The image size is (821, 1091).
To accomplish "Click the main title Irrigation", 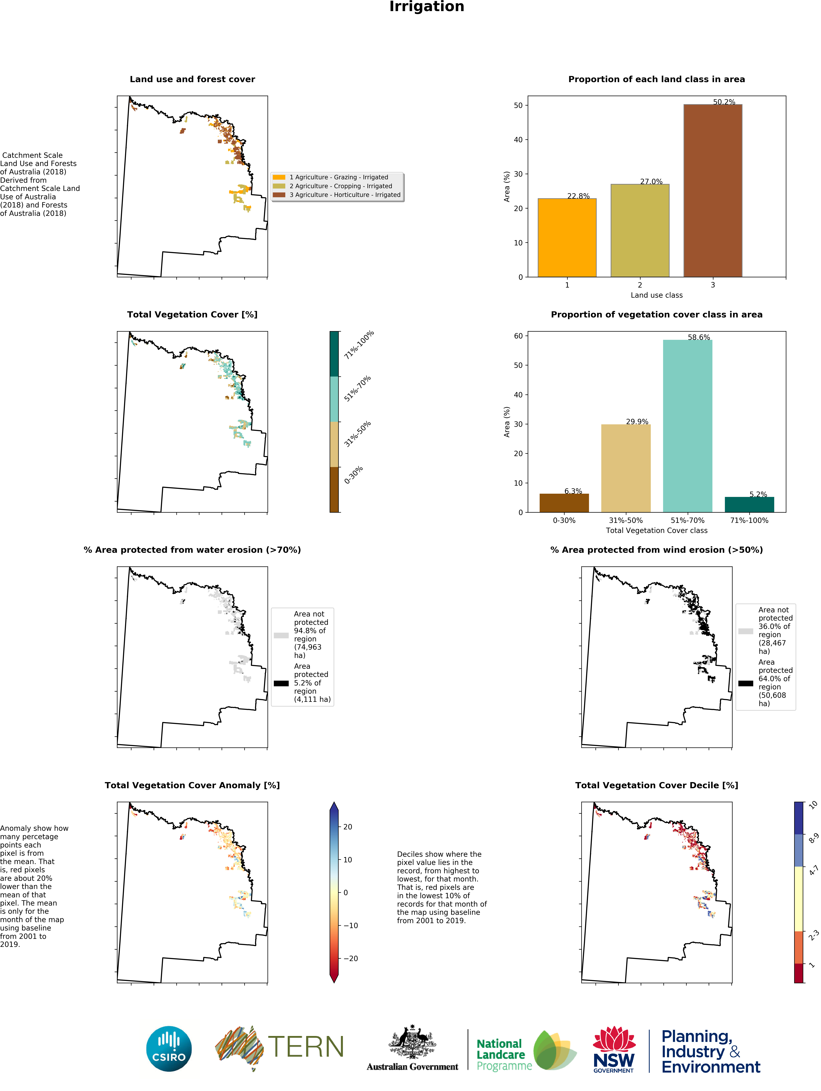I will click(426, 7).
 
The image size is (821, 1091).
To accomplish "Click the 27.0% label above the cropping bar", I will click(651, 182).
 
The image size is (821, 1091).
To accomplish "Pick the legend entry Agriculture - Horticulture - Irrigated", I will click(345, 195).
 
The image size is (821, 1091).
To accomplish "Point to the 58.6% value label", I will click(699, 337).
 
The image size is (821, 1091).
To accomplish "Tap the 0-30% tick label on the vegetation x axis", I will click(564, 520).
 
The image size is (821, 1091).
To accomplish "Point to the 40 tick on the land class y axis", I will click(518, 140).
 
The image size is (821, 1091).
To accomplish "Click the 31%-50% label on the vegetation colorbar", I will click(357, 434).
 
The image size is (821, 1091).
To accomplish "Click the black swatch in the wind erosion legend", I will click(746, 683).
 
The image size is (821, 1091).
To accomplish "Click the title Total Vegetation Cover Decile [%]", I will click(656, 785).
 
